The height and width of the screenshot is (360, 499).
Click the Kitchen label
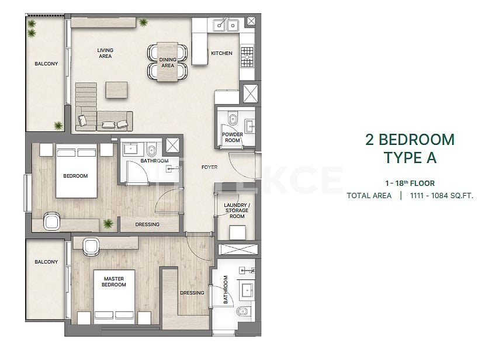click(221, 53)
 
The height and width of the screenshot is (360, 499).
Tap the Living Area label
click(105, 53)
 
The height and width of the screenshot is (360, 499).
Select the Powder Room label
click(233, 137)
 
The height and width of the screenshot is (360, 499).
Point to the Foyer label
click(209, 167)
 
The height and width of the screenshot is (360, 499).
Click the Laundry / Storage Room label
click(237, 210)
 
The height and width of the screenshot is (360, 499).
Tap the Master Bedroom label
click(113, 282)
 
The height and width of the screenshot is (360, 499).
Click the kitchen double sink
click(226, 25)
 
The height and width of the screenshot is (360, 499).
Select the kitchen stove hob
click(247, 57)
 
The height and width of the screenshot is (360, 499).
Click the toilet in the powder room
click(233, 118)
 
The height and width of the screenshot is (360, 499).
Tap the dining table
click(167, 61)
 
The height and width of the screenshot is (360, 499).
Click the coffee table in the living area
click(117, 90)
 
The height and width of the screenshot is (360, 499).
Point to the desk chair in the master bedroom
click(91, 247)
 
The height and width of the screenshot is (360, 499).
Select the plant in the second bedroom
click(108, 223)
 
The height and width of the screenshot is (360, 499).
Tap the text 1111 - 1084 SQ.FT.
click(442, 195)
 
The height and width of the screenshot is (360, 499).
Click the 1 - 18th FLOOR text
click(410, 183)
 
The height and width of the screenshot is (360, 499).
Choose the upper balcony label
click(46, 64)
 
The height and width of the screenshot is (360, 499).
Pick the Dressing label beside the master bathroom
click(192, 293)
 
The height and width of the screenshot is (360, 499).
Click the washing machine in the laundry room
click(237, 233)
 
